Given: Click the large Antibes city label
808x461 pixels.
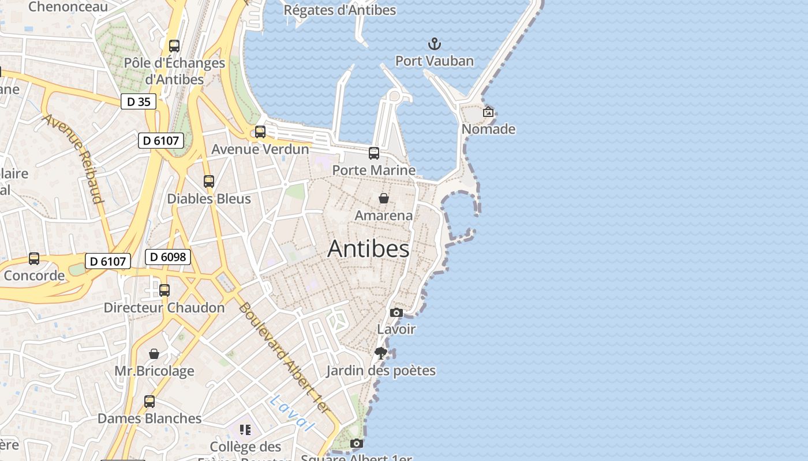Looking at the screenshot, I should click(x=368, y=249).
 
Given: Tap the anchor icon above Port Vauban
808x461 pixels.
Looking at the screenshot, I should click(x=434, y=44).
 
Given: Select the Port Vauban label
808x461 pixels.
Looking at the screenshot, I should click(x=434, y=61).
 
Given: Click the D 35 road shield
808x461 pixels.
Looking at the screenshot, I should click(x=139, y=102).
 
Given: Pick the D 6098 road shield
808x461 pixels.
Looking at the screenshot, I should click(x=168, y=257).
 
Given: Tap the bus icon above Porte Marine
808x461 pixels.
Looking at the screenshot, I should click(x=374, y=153).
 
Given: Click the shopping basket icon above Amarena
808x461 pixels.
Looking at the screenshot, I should click(x=384, y=199).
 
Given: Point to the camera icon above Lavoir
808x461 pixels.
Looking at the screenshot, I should click(x=396, y=312).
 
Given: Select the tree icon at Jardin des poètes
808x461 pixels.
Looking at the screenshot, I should click(x=380, y=353).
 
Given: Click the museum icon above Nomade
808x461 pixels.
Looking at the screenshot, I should click(x=488, y=112).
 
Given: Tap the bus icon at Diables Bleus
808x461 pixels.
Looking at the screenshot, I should click(x=209, y=182).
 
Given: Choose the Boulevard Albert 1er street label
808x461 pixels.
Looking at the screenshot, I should click(x=283, y=357).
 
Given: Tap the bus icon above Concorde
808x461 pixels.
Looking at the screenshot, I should click(x=34, y=259).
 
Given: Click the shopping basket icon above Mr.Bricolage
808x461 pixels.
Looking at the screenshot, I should click(x=154, y=353).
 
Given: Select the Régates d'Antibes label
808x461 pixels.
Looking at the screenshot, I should click(x=340, y=10).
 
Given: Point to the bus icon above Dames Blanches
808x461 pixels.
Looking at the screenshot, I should click(x=149, y=402).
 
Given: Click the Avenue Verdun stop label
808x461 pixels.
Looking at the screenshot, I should click(x=260, y=149).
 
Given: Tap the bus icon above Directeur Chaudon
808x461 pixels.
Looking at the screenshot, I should click(x=164, y=290).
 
